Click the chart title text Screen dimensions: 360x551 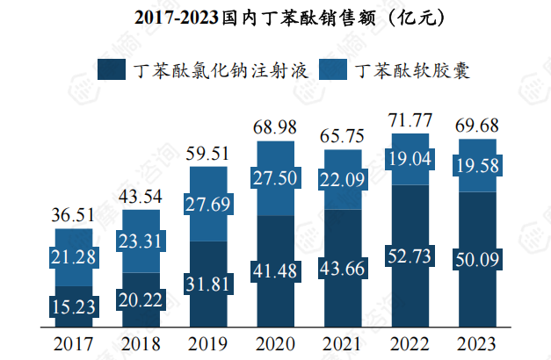(275, 17)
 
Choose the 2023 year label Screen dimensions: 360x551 (477, 343)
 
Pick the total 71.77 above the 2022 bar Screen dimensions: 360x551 (410, 120)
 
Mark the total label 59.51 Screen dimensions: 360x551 (207, 153)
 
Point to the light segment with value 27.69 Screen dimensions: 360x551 (207, 205)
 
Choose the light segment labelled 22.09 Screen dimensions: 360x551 (343, 180)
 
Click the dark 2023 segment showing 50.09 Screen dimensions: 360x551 (477, 260)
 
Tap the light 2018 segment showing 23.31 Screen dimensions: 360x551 (141, 240)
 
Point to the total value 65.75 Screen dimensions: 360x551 (343, 136)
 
